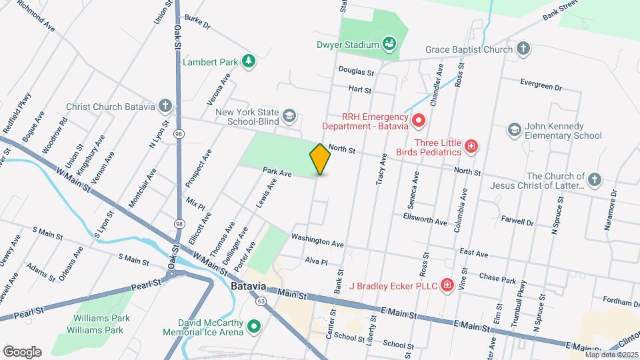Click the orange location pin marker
click(320, 159)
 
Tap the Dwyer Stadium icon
click(390, 45)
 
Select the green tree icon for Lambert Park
click(249, 61)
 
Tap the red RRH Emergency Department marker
click(418, 120)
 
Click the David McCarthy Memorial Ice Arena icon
click(253, 326)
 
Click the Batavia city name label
click(249, 287)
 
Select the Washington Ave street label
click(317, 242)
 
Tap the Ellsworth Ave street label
click(425, 219)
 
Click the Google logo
click(22, 351)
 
